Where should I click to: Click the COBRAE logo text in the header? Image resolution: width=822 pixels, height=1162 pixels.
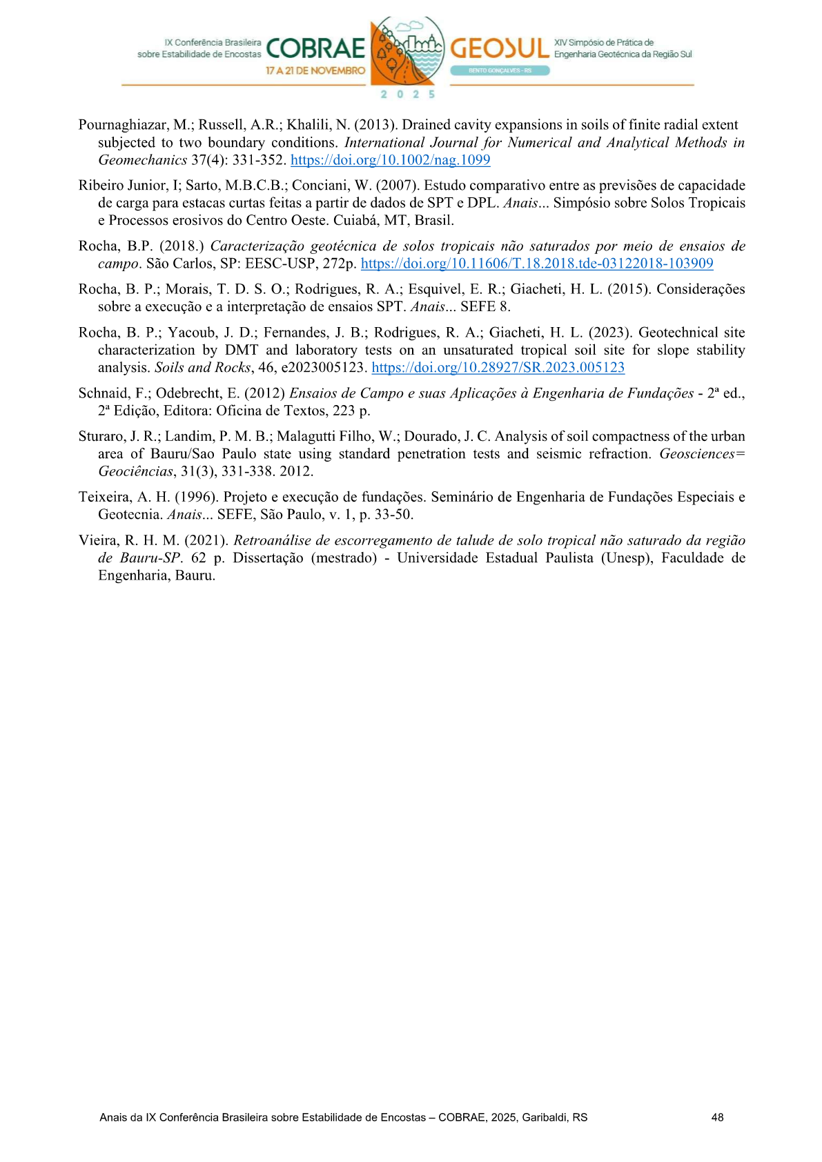coord(315,48)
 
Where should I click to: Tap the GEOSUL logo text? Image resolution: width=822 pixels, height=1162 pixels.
coord(500,48)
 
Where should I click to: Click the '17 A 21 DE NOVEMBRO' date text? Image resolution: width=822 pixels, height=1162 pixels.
coord(315,70)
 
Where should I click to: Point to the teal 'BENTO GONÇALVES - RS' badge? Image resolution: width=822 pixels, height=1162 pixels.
coord(500,70)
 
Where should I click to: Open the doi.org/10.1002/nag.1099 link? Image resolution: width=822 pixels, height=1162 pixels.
coord(390,160)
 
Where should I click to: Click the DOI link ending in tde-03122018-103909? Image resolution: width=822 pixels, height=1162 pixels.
coord(537,264)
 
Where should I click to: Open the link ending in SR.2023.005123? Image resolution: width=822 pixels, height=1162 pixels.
coord(498,368)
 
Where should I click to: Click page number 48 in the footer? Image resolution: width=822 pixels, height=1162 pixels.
coord(717,1117)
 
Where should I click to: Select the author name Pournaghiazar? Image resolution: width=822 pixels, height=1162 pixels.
coord(121,125)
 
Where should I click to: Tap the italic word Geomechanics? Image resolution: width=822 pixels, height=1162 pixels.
coord(142,160)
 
